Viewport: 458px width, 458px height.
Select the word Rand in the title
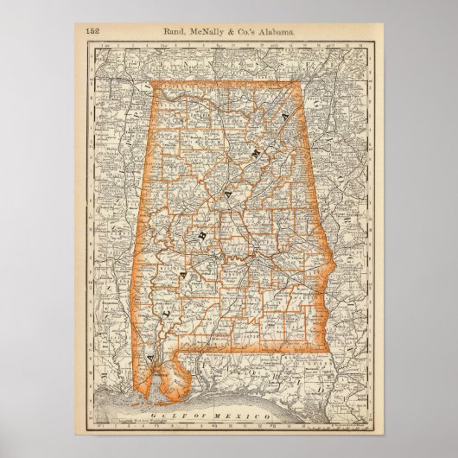coord(175,32)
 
